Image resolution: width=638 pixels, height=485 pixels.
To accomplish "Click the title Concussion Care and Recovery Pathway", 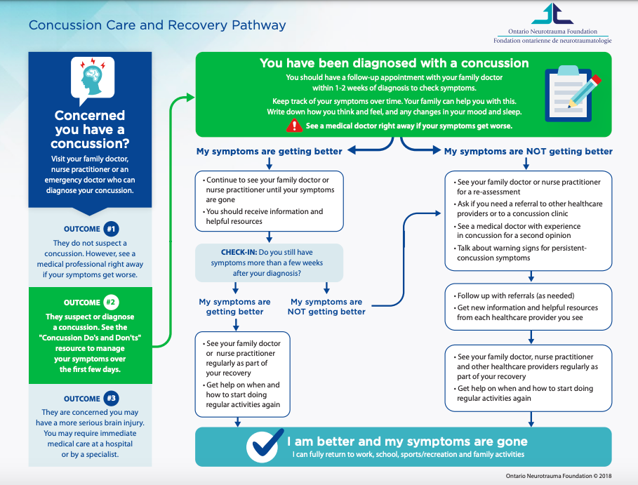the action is click(157, 25).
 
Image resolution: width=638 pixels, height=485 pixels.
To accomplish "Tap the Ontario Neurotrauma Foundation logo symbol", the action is click(552, 13).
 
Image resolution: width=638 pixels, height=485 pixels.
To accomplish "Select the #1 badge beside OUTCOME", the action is click(111, 229).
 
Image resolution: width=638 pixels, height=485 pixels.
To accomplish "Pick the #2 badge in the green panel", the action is click(111, 303).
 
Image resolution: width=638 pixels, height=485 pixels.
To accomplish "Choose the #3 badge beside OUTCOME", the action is click(111, 399).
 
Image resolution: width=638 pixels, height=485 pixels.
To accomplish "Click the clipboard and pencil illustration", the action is click(573, 94).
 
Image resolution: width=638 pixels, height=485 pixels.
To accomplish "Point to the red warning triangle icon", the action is click(294, 126).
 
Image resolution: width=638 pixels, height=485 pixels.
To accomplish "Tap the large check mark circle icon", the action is click(265, 446).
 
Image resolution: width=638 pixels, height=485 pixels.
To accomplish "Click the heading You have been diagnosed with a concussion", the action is click(394, 63).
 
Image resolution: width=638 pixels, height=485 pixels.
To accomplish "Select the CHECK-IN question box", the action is click(269, 263).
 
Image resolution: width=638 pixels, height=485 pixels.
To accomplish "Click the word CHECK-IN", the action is click(239, 252).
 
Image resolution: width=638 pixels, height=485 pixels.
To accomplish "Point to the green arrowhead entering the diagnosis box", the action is click(190, 98).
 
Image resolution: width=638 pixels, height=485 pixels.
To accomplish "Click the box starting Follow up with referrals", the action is click(528, 307).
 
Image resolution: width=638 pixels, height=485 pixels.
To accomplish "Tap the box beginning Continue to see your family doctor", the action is click(269, 201).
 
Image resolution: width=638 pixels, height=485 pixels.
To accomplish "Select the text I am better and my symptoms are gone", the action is click(407, 441).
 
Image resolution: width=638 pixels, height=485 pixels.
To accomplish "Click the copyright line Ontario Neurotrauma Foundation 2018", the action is click(558, 476).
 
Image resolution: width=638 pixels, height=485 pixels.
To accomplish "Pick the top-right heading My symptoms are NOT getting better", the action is click(528, 152).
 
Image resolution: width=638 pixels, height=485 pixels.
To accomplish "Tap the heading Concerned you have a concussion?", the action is click(90, 129).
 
